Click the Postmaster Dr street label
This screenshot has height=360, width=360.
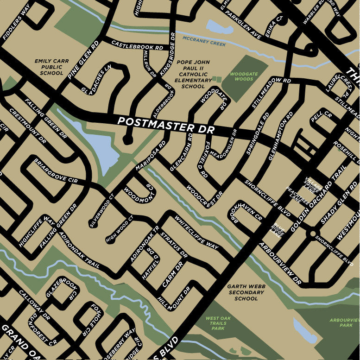(x=166, y=126)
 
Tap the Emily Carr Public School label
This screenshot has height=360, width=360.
(x=48, y=67)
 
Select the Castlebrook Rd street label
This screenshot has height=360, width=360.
(x=138, y=44)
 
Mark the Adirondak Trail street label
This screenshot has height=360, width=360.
(x=80, y=250)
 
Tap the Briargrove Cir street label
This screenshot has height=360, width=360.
(x=56, y=171)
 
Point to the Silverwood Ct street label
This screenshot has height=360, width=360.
(x=102, y=211)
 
